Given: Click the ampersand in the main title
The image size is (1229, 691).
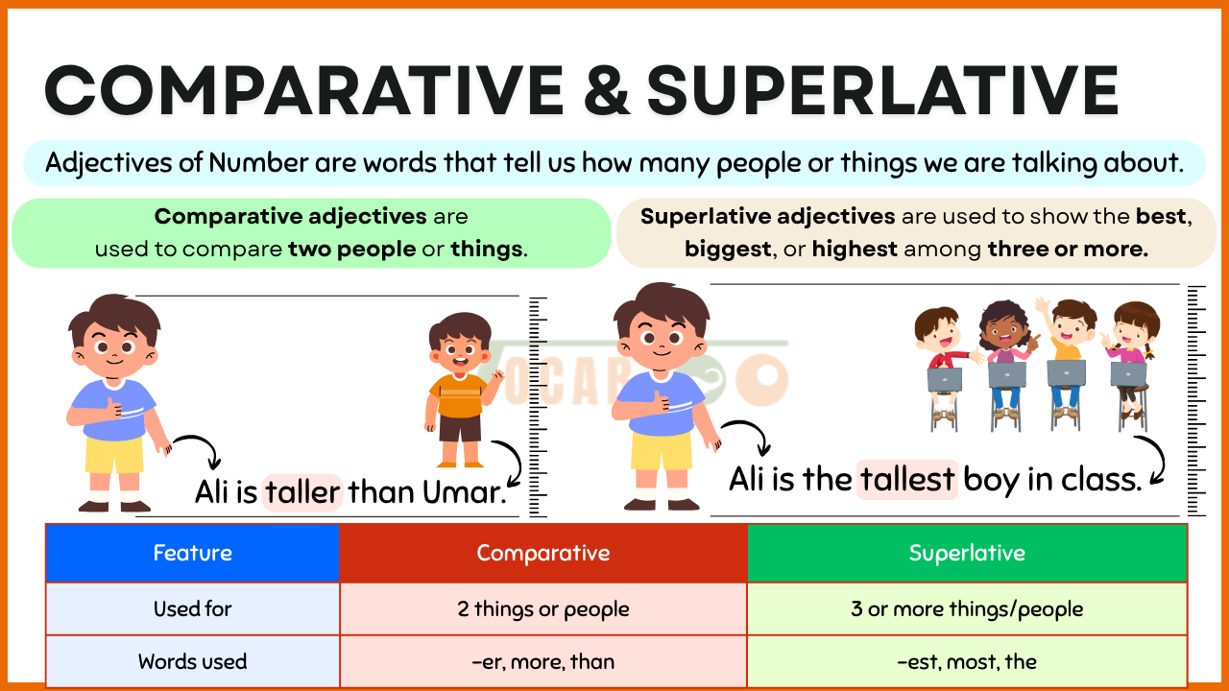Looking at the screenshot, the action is pos(606,90).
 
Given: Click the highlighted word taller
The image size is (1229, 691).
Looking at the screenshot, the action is pos(302,492).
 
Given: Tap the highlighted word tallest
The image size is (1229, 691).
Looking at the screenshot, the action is pos(907,479).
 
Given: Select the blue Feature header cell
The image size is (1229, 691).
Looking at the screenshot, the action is pos(193,553).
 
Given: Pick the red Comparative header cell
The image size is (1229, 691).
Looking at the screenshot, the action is pos(543,553).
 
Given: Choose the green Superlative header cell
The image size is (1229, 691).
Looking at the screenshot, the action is pos(967,553).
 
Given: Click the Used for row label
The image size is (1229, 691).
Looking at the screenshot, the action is pos(193,608).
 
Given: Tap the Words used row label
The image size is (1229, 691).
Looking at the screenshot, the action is pos(193,661).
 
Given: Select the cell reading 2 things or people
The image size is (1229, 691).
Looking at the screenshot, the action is pos(543,608).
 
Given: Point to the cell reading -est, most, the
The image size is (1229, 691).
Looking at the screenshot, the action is pos(967,661).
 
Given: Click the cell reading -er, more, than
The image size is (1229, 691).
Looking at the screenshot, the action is pos(543,661).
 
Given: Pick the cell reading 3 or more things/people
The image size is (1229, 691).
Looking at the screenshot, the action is pos(967,608).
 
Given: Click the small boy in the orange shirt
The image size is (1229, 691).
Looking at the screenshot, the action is pos(462,390).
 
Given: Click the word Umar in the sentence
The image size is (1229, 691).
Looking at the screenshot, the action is pos(464,492).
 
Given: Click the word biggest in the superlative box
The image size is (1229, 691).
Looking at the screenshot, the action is pos(728,250).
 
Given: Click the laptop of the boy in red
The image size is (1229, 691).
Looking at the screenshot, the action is pos(944,379).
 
